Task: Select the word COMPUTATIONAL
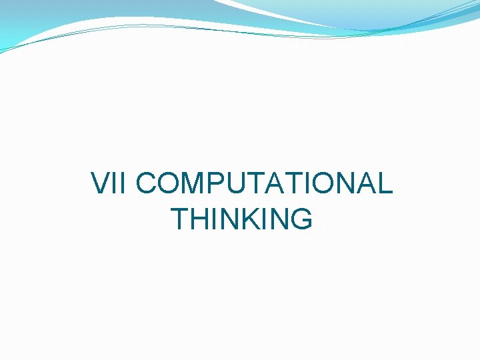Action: tap(265, 183)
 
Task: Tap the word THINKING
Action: tap(241, 219)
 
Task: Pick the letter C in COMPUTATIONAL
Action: tap(148, 183)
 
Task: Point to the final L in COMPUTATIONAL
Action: tap(384, 183)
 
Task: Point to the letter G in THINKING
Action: tap(299, 219)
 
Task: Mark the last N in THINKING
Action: tap(277, 219)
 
